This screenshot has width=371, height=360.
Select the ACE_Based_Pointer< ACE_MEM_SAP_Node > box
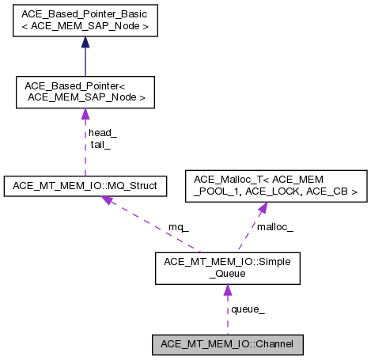point(85,92)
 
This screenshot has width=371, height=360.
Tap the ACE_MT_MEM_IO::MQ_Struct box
point(85,185)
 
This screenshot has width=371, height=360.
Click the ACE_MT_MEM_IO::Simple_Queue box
point(228,267)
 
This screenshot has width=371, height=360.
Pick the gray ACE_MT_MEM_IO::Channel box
point(228,345)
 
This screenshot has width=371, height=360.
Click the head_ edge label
point(102,133)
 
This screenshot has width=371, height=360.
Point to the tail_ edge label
point(100,144)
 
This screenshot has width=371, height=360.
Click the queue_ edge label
point(248,309)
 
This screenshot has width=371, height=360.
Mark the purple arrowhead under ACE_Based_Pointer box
point(85,115)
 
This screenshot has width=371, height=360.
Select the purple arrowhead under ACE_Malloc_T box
point(262,207)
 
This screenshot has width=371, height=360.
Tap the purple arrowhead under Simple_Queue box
point(228,290)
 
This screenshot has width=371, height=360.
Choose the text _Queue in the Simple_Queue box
point(228,274)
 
